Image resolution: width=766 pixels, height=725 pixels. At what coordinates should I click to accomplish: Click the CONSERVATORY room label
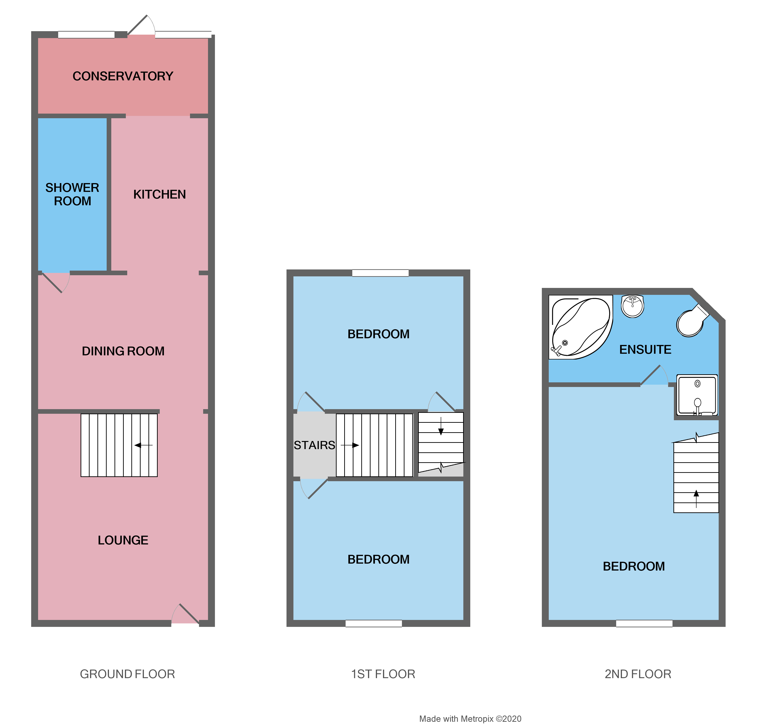(123, 76)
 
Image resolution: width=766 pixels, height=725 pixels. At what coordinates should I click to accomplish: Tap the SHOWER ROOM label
(72, 194)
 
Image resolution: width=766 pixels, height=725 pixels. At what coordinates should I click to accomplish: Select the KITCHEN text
(159, 194)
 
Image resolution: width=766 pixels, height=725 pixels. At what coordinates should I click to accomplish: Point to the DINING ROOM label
(123, 351)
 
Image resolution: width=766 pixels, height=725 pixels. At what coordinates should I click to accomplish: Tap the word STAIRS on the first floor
(314, 445)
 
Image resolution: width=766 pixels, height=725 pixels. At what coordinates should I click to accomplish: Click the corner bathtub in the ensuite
(580, 328)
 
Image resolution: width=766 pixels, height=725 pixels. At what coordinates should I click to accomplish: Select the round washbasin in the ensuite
(632, 306)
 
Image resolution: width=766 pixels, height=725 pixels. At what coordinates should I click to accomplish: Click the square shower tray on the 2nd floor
(697, 395)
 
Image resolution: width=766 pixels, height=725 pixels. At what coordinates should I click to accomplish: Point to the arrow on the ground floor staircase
(143, 445)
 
